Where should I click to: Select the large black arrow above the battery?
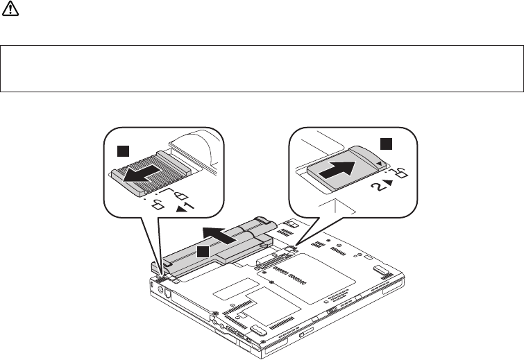(223, 233)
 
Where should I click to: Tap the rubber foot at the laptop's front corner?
(255, 329)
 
